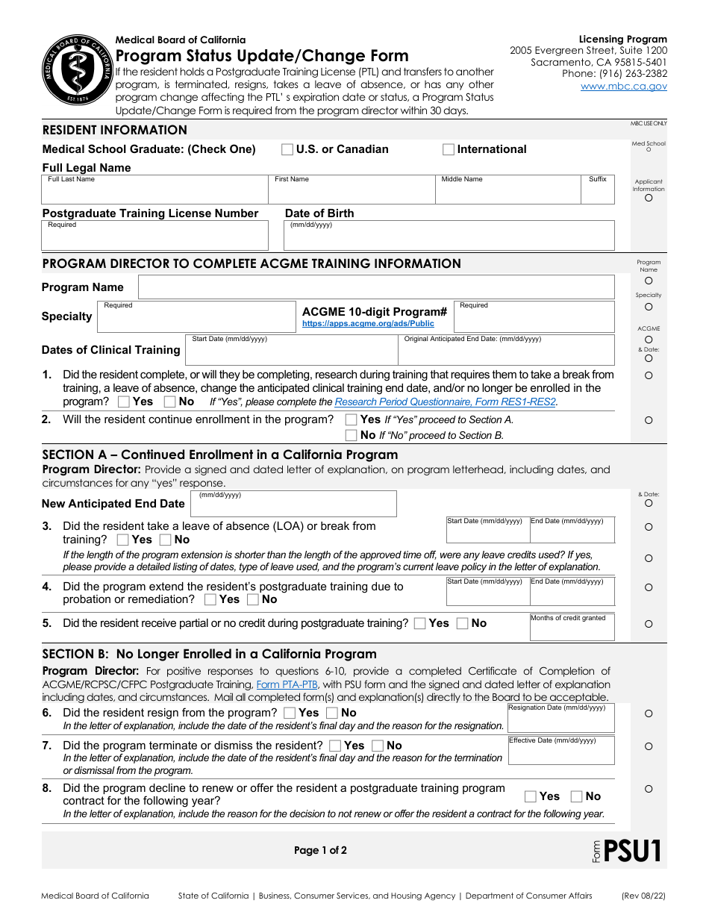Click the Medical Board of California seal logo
pos(73,72)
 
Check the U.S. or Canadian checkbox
pos(287,149)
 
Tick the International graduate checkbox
pos(449,149)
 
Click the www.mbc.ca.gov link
pos(624,87)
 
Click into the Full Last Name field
pos(154,192)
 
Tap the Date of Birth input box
pos(449,237)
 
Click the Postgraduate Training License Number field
pos(154,237)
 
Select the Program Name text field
pos(376,287)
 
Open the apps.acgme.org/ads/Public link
pos(368,324)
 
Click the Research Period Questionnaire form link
pos(446,402)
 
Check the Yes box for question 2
pos(351,419)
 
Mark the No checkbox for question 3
pos(165,540)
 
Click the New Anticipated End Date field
pos(293,505)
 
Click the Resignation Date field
pos(560,719)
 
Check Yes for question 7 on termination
pos(335,746)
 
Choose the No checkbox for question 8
pos(577,796)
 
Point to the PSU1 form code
pos(631,851)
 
